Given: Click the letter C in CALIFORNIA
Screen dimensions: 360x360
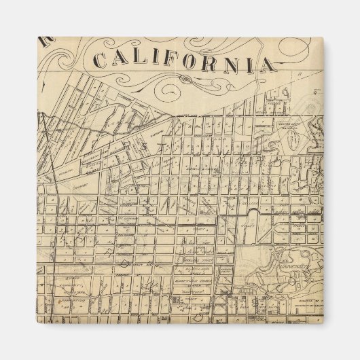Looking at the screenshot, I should pos(101,60).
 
